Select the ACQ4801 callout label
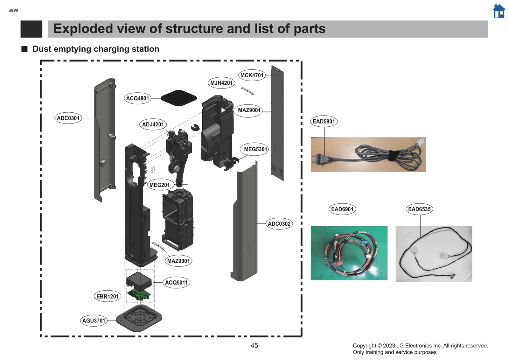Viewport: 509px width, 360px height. coord(137,98)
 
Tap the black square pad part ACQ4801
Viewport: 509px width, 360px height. coord(178,98)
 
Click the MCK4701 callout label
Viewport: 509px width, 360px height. coord(252,75)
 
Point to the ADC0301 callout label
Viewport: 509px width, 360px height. coord(68,118)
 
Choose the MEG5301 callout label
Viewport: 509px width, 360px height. coord(255,149)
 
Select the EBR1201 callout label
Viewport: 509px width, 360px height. coord(108,296)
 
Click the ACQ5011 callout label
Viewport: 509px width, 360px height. coord(176,282)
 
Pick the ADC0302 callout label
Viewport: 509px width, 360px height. coord(279,224)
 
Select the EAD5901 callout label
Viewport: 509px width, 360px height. coord(324,121)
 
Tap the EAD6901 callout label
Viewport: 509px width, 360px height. coord(342,209)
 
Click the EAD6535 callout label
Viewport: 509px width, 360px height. coord(419,209)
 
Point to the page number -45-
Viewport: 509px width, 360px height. coord(254,345)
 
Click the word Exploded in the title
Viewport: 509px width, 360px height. coord(83,29)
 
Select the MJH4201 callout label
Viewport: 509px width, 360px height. coord(221,83)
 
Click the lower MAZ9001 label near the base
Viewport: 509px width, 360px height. coord(178,261)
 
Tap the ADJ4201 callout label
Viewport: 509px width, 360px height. coord(153,124)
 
